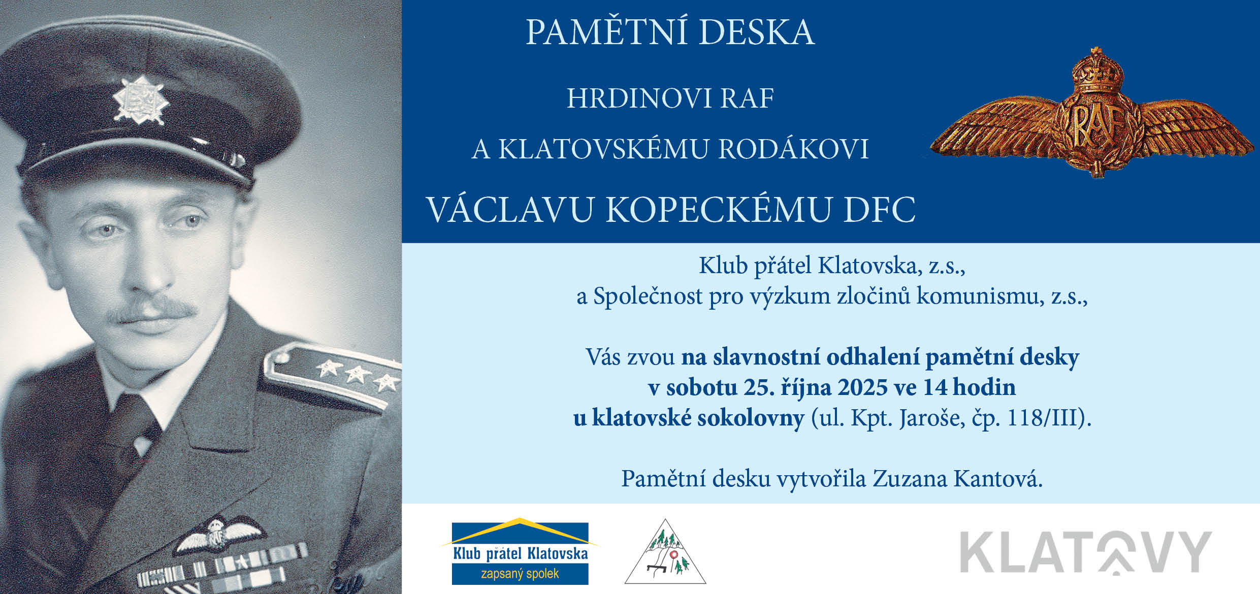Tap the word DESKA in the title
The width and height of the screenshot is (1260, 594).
point(756,32)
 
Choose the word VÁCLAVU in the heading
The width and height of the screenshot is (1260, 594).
point(510,209)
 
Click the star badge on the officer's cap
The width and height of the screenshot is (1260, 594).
point(140,100)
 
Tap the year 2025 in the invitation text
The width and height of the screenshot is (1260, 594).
point(860,387)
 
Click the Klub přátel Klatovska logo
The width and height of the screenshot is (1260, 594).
point(520,551)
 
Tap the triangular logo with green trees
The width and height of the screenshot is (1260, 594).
point(665,552)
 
